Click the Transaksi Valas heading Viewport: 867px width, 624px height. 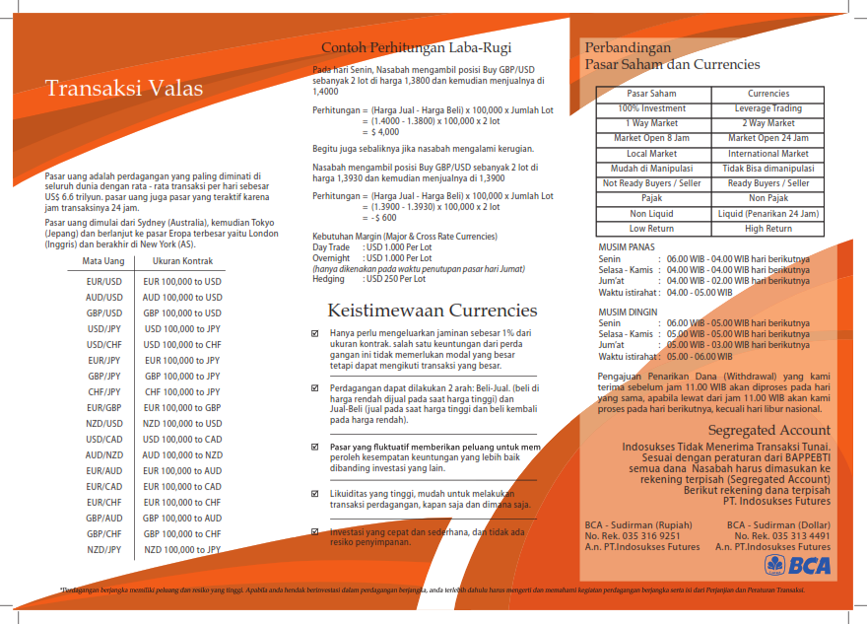[124, 89]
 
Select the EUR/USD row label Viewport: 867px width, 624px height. [104, 281]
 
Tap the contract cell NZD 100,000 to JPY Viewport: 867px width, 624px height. [182, 549]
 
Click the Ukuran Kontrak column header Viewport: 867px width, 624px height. [183, 261]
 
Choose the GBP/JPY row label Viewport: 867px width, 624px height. [104, 376]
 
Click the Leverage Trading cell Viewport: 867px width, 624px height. [767, 108]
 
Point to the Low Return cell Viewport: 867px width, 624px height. [651, 229]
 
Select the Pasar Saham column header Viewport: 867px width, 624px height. [651, 94]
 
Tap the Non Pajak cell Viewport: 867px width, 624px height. [767, 198]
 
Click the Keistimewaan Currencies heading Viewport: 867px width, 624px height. [433, 311]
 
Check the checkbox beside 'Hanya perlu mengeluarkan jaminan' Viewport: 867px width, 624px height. [314, 333]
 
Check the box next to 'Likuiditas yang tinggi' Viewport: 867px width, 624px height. [314, 493]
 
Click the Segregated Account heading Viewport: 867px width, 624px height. [768, 431]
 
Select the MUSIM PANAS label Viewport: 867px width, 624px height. [626, 247]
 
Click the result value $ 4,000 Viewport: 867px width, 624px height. [385, 131]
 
